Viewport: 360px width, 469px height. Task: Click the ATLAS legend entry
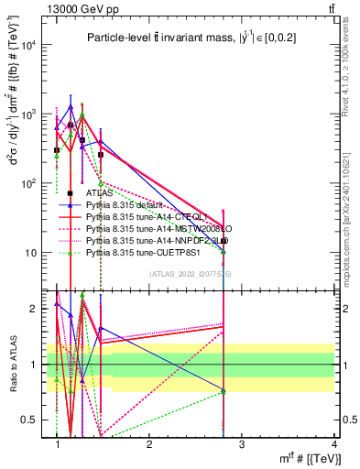pyautogui.click(x=100, y=194)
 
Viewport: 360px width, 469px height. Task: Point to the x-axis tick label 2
pyautogui.click(x=149, y=444)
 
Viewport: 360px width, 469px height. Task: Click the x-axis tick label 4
pyautogui.click(x=334, y=444)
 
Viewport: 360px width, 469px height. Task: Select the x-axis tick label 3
pyautogui.click(x=242, y=444)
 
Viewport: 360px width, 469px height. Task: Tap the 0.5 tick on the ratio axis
pyautogui.click(x=35, y=420)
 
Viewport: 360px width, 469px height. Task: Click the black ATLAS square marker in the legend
pyautogui.click(x=71, y=194)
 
